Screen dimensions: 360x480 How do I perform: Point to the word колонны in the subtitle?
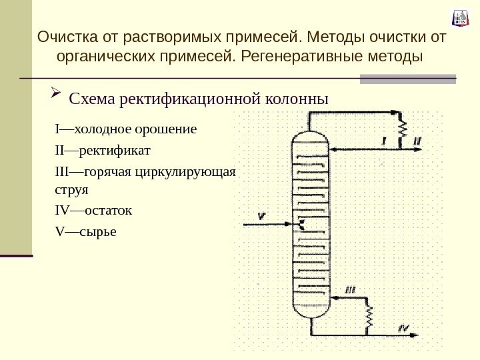click(297, 99)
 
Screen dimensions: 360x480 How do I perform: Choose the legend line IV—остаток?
click(93, 211)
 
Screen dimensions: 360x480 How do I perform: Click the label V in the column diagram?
click(261, 214)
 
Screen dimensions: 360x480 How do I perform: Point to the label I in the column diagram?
click(385, 141)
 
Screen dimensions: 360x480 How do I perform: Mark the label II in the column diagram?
click(417, 141)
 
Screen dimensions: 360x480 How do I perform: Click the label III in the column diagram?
click(351, 289)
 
